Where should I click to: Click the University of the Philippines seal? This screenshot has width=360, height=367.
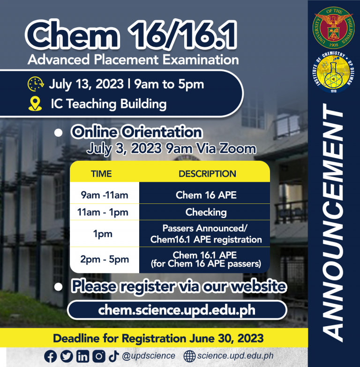[334, 28]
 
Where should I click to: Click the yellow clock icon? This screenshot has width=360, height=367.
[36, 84]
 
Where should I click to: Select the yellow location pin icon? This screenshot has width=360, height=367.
[35, 104]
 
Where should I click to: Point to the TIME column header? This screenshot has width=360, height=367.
[101, 174]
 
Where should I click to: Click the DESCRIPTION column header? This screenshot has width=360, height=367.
[207, 174]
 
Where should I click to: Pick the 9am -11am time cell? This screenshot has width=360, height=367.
[105, 195]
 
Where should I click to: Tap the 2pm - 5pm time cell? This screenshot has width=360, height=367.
[105, 259]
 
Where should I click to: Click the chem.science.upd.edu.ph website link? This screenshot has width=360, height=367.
[177, 310]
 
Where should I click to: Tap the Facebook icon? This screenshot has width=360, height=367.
[50, 357]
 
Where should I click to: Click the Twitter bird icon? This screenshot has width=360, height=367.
[67, 356]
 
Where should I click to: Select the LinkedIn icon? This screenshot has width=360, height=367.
[82, 356]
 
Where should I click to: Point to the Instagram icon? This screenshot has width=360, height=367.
[99, 356]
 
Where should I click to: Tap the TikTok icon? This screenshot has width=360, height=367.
[114, 356]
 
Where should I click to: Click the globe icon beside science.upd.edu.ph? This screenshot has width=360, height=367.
[189, 356]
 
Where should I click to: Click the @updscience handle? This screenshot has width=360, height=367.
[149, 356]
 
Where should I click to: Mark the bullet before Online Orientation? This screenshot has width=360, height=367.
[58, 133]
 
